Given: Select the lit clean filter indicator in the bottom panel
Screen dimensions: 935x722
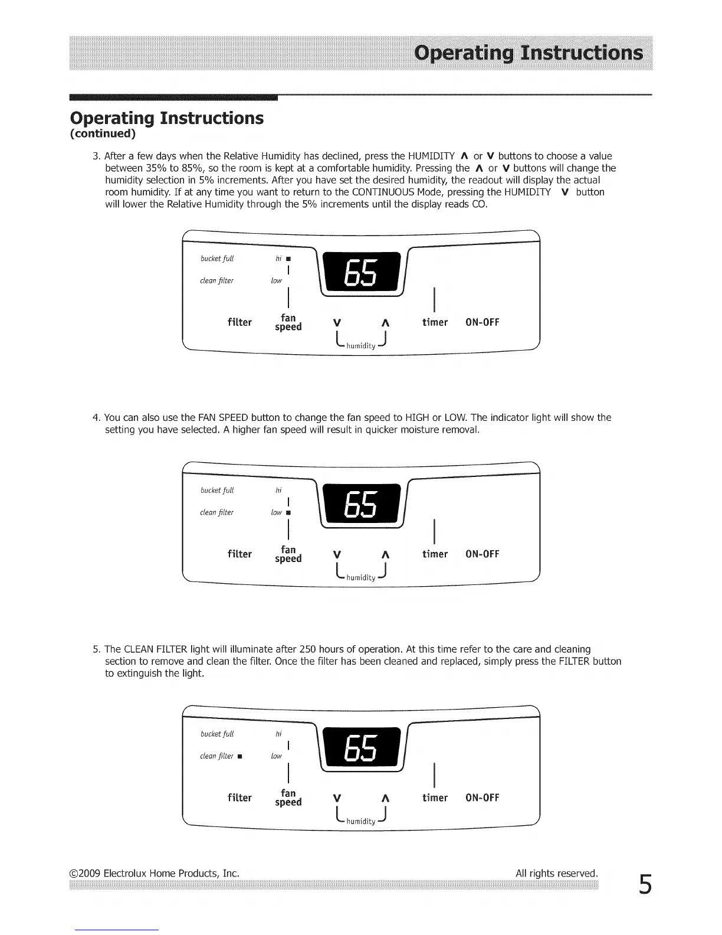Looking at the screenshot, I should [x=240, y=756].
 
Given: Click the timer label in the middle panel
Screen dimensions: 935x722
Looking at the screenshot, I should [x=435, y=554].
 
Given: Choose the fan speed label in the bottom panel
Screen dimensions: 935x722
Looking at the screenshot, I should [x=288, y=797].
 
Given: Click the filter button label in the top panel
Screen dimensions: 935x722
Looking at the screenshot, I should [x=239, y=322].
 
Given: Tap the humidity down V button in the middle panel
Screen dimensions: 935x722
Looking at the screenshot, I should [x=337, y=554].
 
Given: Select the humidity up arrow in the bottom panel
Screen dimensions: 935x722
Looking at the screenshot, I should [x=385, y=798].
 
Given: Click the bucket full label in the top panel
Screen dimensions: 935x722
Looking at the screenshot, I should [x=217, y=259].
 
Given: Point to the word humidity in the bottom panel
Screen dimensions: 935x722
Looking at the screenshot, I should [x=360, y=821].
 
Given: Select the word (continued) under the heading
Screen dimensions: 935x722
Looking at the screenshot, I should [x=103, y=133].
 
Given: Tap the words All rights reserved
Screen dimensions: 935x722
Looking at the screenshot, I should [x=556, y=873].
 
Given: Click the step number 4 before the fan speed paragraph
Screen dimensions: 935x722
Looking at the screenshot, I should [x=96, y=418].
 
